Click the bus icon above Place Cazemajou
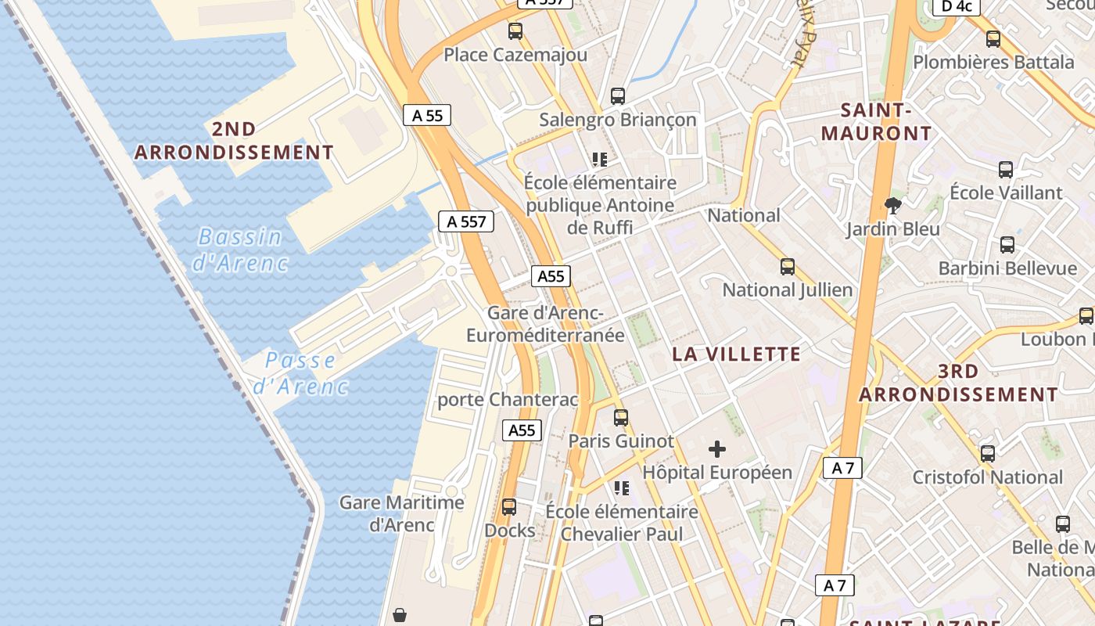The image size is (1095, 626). tap(515, 31)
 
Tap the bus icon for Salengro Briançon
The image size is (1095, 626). tap(617, 96)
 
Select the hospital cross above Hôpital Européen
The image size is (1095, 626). tap(716, 449)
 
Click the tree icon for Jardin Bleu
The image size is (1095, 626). tap(892, 206)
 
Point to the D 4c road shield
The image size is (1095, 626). tap(957, 6)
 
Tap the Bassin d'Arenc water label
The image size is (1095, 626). tap(240, 250)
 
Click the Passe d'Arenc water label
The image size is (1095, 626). tap(300, 373)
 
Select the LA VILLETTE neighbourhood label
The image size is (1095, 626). tap(737, 354)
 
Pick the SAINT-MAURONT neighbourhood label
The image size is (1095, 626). tap(876, 122)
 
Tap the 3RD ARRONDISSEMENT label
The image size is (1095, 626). tap(958, 383)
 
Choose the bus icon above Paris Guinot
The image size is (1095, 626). tap(620, 418)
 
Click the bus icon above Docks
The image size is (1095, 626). tap(509, 507)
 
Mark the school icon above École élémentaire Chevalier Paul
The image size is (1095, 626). tap(622, 488)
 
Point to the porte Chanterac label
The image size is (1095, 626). tap(508, 400)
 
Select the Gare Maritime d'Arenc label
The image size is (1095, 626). tap(401, 513)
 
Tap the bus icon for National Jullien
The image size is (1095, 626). tap(788, 267)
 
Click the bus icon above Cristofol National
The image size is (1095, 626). tap(988, 454)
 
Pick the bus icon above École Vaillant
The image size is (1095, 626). tap(1006, 169)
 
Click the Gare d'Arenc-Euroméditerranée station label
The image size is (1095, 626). tap(545, 324)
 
